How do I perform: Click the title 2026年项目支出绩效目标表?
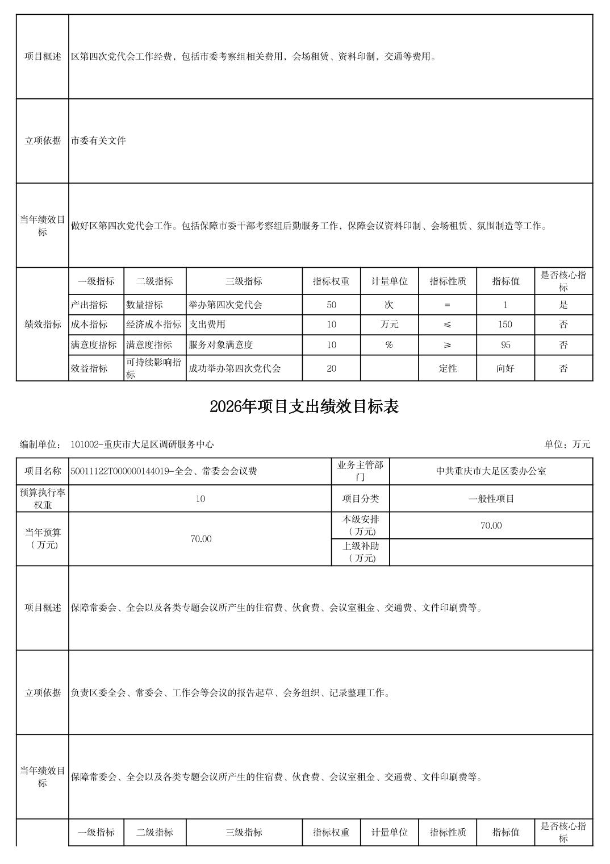(304, 407)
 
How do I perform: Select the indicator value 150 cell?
(505, 325)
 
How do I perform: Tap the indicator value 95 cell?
(505, 345)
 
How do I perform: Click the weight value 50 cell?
(331, 305)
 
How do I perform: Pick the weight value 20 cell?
(331, 368)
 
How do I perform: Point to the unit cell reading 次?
(389, 305)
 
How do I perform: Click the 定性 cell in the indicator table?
(448, 368)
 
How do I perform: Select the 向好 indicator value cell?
(505, 368)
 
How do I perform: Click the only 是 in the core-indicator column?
(563, 305)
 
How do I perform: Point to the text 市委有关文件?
(98, 140)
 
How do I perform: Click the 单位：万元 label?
(567, 445)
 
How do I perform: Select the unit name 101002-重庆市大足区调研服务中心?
(142, 445)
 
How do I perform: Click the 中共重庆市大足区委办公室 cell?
(491, 471)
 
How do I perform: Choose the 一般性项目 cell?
(491, 499)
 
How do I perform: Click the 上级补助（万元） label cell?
(360, 552)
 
